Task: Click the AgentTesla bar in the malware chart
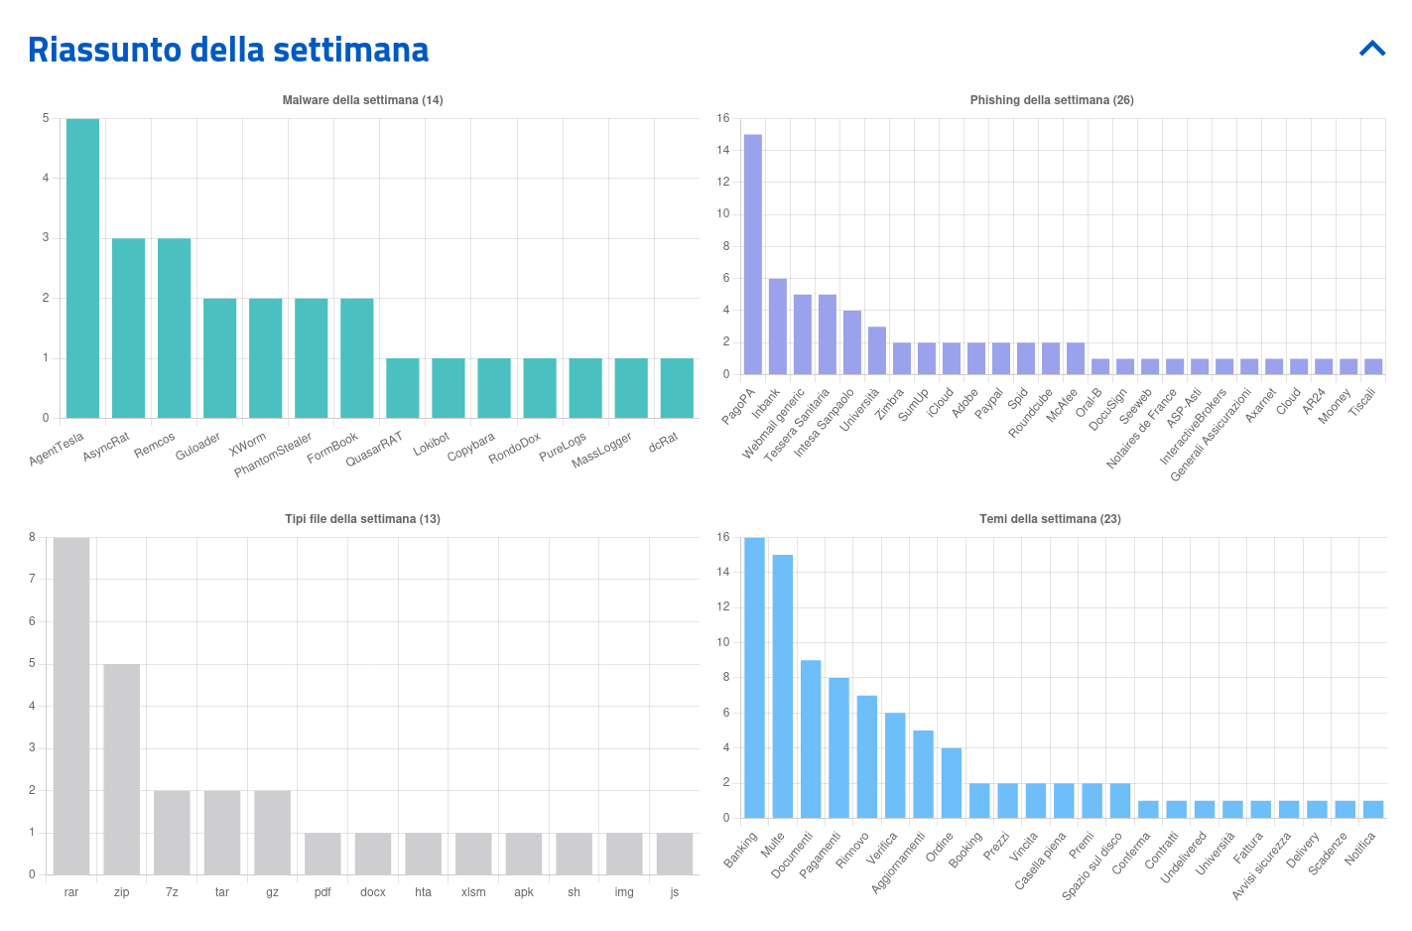click(x=82, y=268)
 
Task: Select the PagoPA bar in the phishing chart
click(x=753, y=254)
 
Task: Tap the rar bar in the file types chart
click(x=71, y=706)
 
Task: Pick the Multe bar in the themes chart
click(x=783, y=686)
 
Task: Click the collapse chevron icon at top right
click(x=1372, y=48)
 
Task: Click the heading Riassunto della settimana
click(x=228, y=50)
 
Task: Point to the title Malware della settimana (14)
click(x=362, y=100)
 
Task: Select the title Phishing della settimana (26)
click(x=1052, y=100)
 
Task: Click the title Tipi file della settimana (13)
click(x=362, y=519)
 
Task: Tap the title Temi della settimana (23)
click(x=1050, y=519)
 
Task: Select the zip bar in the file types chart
click(x=122, y=769)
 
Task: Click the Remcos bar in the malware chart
click(x=174, y=328)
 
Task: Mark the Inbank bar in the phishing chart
click(x=778, y=326)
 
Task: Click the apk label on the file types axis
click(x=524, y=892)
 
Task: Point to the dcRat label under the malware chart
click(x=663, y=442)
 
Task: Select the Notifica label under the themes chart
click(x=1360, y=849)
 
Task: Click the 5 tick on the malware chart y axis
click(x=46, y=118)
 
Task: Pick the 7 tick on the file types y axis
click(x=32, y=579)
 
